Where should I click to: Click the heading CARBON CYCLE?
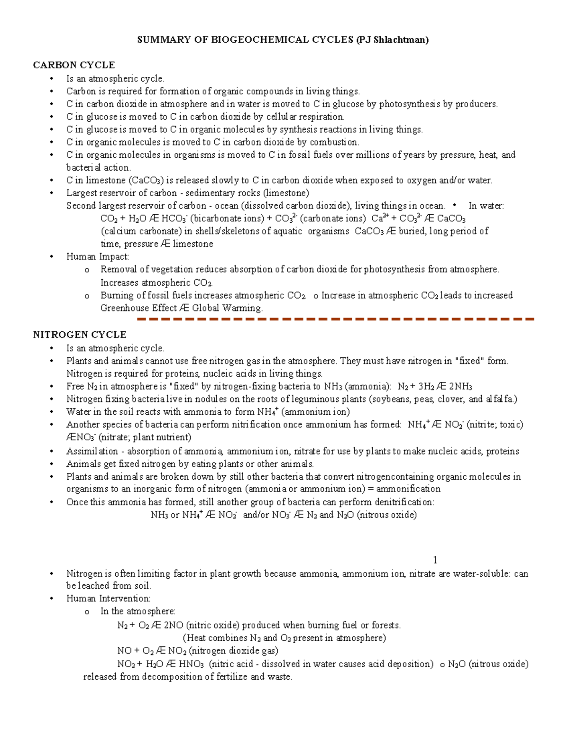click(x=73, y=65)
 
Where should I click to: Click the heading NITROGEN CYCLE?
click(x=79, y=335)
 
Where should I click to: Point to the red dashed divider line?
click(x=335, y=319)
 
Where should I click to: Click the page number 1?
click(x=435, y=560)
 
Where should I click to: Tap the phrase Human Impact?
click(x=97, y=257)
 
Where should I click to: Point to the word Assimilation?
click(x=92, y=451)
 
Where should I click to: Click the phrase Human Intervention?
click(x=108, y=599)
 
